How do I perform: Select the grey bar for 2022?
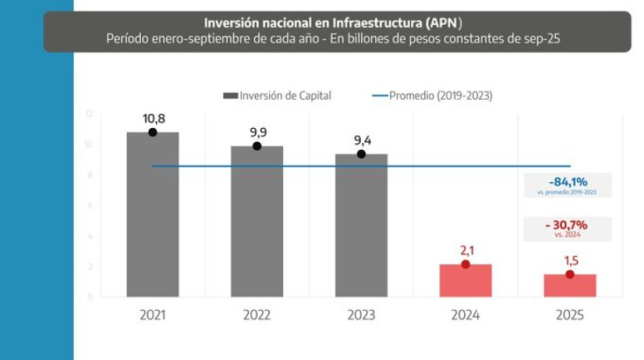[x=257, y=221]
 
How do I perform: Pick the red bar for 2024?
[x=465, y=281]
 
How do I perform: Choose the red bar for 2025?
[x=569, y=285]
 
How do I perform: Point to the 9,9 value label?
[x=257, y=131]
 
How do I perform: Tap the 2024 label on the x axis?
[x=465, y=315]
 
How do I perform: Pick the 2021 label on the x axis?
[x=153, y=315]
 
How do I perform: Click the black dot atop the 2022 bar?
[x=257, y=146]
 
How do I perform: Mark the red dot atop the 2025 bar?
[x=569, y=274]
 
